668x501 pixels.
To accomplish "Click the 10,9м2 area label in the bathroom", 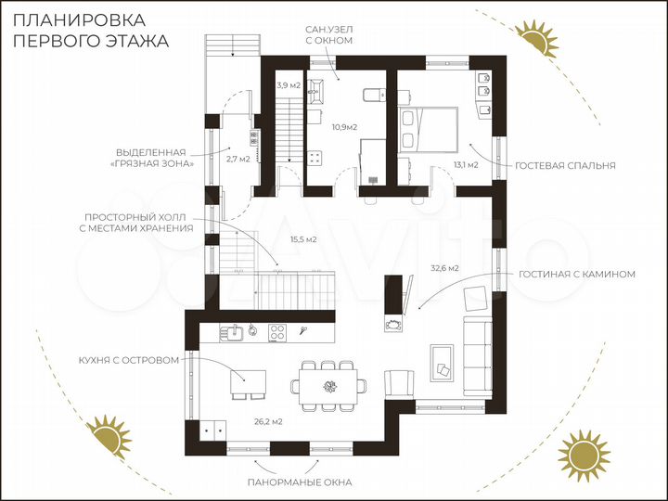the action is pos(344,126).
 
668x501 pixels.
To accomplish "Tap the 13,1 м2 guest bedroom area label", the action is pos(466,164).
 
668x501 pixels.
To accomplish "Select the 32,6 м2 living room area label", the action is pos(444,268).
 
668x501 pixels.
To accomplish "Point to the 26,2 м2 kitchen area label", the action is pos(268,422).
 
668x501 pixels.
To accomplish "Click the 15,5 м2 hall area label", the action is pos(303,239).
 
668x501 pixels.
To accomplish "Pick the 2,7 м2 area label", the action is pos(238,160).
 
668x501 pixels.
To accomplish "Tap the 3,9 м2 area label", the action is pos(289,85).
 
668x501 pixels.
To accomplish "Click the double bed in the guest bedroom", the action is pos(428,130).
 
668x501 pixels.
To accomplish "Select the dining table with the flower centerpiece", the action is pos(328,386).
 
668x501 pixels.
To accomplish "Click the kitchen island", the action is pos(248,381).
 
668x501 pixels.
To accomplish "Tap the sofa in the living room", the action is pos(478,355).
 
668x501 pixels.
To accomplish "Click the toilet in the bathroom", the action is pos(374,95).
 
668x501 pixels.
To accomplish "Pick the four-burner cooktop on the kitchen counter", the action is pos(277,332).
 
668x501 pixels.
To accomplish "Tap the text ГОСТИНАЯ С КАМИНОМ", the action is pos(577,275).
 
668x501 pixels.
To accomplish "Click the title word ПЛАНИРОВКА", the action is pos(80,20).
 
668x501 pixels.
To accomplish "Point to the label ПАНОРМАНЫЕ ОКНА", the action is pos(300,482).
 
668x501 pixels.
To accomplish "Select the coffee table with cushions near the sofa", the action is pos(442,364).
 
